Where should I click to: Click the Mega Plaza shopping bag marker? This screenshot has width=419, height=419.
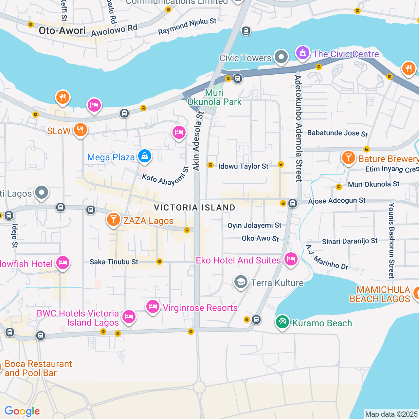[x=144, y=156]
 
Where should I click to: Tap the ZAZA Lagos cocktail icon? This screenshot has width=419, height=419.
[x=114, y=220]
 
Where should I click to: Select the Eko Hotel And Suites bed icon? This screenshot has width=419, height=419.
[x=291, y=260]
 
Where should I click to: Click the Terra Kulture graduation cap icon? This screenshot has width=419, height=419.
[x=241, y=282]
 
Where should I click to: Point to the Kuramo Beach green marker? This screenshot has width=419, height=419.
[x=282, y=322]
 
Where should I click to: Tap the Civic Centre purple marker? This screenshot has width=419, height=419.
[x=303, y=53]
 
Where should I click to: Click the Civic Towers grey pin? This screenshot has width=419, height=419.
[x=281, y=57]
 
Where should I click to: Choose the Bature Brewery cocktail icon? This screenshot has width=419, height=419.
[x=349, y=158]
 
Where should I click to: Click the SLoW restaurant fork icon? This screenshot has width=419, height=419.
[x=80, y=130]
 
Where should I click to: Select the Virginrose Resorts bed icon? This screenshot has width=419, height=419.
[x=153, y=307]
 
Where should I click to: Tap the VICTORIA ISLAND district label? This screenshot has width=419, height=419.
[x=194, y=208]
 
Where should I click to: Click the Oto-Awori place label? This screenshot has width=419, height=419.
[x=62, y=31]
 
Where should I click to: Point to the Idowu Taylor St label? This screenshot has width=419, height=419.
[x=243, y=166]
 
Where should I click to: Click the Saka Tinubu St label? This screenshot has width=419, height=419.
[x=114, y=262]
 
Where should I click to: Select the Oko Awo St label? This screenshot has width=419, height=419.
[x=260, y=238]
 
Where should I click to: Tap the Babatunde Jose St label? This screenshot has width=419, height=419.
[x=337, y=133]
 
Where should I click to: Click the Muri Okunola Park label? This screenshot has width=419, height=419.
[x=214, y=98]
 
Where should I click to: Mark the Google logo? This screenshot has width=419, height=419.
[x=22, y=411]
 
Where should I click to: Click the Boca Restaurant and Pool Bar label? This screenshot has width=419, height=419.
[x=38, y=369]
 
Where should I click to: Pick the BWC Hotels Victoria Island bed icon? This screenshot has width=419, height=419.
[x=129, y=317]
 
